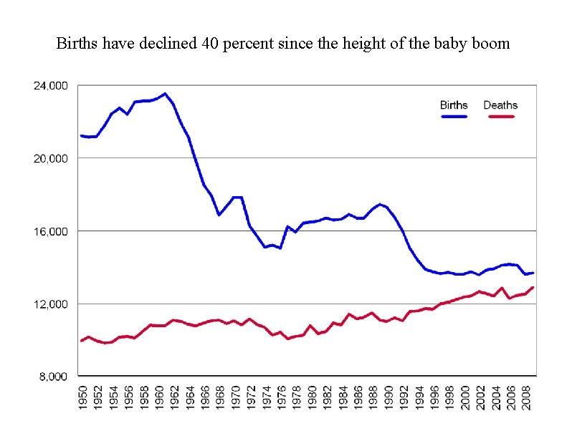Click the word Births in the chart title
tap(77, 44)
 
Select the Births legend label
tap(454, 105)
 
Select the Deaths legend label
tap(500, 105)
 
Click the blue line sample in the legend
tap(454, 116)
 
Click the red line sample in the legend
tap(501, 116)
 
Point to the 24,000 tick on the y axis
tap(51, 86)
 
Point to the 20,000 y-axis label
tap(51, 158)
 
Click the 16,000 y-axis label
tap(51, 231)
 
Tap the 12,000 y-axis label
tap(51, 304)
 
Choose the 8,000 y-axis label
tap(54, 377)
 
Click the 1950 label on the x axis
tap(83, 398)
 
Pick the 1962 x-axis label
tap(175, 398)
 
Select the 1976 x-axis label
tap(282, 398)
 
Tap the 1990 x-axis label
tap(389, 398)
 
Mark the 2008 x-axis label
tap(527, 398)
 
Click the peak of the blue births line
tap(166, 94)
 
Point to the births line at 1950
tap(82, 136)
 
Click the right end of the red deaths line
tap(533, 288)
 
